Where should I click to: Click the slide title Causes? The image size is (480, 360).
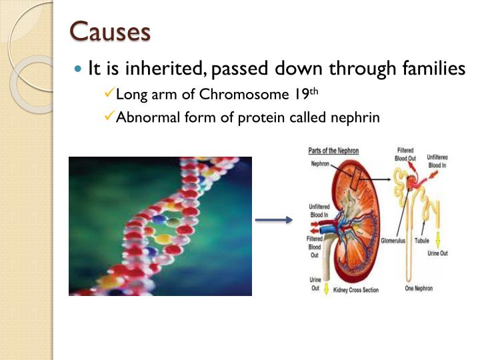pos(110,31)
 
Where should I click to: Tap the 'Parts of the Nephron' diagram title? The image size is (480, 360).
pos(333,151)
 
